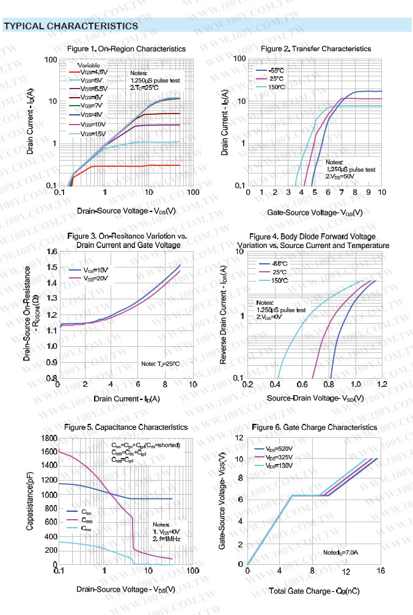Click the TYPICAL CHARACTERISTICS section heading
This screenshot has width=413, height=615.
click(x=71, y=26)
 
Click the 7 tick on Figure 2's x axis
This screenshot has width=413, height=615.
click(x=342, y=192)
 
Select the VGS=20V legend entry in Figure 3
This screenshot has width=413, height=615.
click(x=96, y=278)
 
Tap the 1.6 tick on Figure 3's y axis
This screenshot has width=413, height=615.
click(x=51, y=252)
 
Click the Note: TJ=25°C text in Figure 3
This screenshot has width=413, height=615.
click(x=160, y=364)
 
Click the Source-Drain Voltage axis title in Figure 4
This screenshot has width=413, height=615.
click(x=315, y=399)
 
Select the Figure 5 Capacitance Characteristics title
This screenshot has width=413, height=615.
click(x=127, y=427)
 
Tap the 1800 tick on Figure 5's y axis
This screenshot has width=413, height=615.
click(x=48, y=438)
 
